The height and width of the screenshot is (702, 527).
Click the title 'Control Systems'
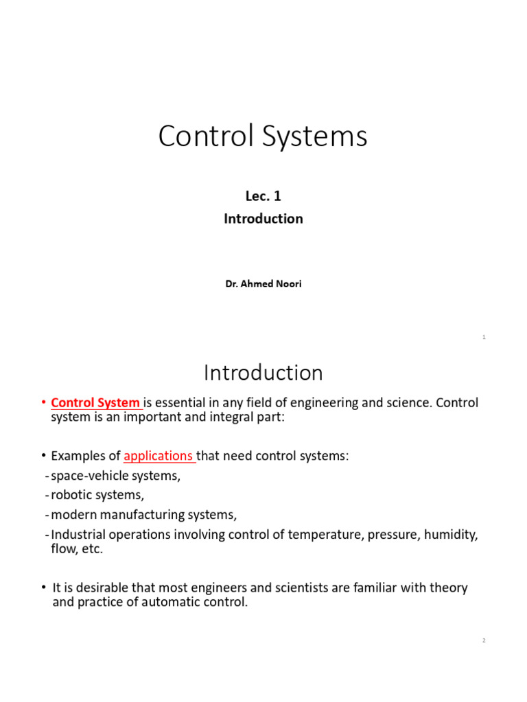point(263,136)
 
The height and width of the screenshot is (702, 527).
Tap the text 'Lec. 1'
point(263,197)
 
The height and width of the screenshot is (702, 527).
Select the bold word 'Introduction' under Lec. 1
point(263,219)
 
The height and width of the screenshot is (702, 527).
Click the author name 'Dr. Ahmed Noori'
point(263,284)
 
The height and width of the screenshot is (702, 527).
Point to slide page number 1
point(484,337)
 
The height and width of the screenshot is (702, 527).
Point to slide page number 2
point(484,640)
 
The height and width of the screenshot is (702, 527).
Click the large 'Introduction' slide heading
point(263,373)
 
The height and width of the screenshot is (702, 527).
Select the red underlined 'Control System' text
point(96,403)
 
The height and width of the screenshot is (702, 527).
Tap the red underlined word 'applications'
point(159,456)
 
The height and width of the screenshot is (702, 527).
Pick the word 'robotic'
point(71,495)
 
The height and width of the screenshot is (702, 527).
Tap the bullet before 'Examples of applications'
point(43,456)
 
